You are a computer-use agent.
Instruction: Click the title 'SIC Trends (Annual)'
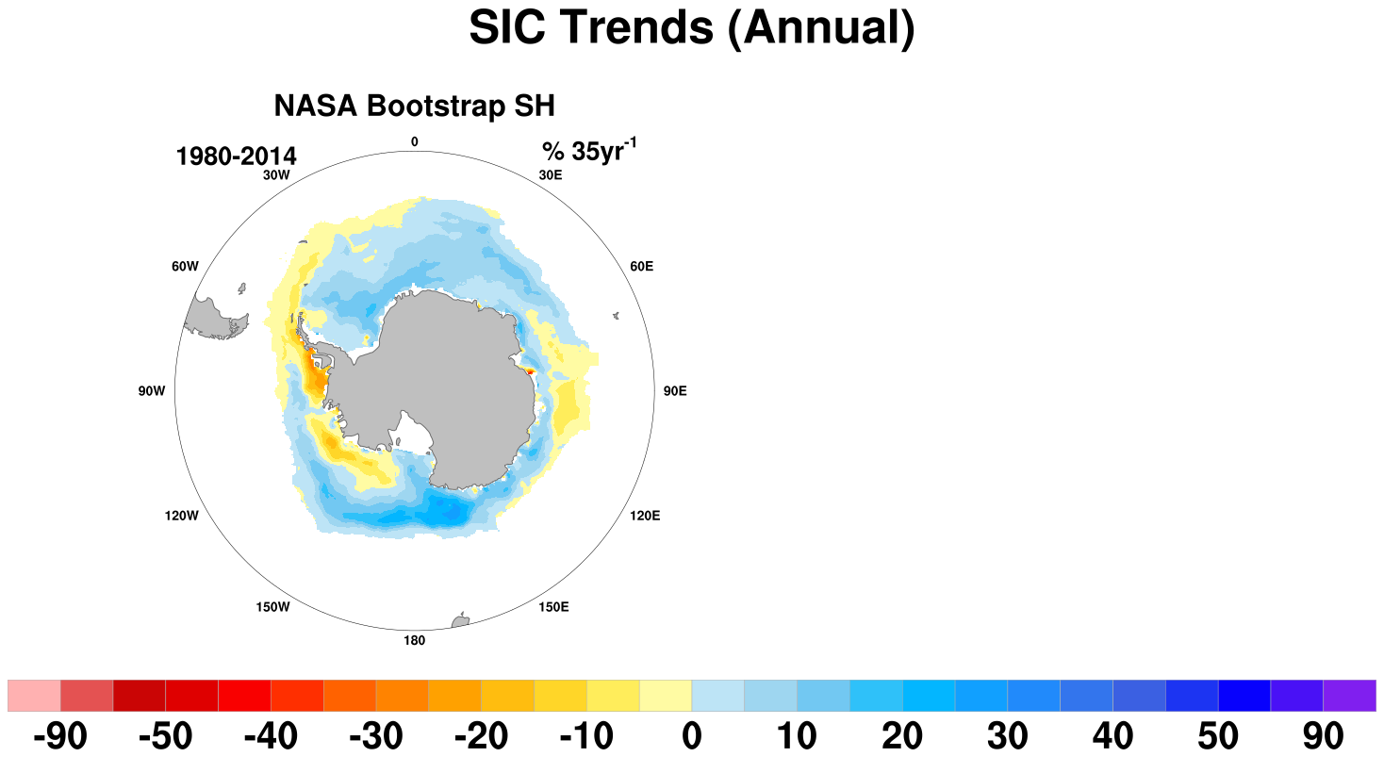[x=691, y=28]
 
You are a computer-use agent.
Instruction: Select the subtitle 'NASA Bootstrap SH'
[x=414, y=106]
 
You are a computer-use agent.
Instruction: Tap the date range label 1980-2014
[x=236, y=156]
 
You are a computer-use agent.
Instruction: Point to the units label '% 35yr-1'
[x=589, y=151]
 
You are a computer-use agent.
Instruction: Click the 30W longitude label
[x=276, y=175]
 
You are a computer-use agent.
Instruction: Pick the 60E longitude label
[x=641, y=267]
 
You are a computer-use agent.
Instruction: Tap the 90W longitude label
[x=152, y=391]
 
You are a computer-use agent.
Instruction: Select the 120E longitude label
[x=645, y=516]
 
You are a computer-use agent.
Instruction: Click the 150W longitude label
[x=272, y=607]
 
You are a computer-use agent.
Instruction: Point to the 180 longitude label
[x=414, y=641]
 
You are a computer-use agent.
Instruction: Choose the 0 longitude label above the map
[x=415, y=142]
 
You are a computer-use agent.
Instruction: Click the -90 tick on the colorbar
[x=60, y=736]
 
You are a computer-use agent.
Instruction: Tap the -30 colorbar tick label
[x=375, y=736]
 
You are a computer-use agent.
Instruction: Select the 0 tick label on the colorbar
[x=692, y=736]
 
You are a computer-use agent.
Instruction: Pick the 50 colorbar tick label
[x=1218, y=736]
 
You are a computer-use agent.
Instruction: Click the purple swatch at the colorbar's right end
[x=1349, y=696]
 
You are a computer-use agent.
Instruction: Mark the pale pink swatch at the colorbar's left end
[x=34, y=696]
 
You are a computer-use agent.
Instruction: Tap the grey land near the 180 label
[x=461, y=621]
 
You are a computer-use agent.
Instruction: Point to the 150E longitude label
[x=553, y=607]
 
